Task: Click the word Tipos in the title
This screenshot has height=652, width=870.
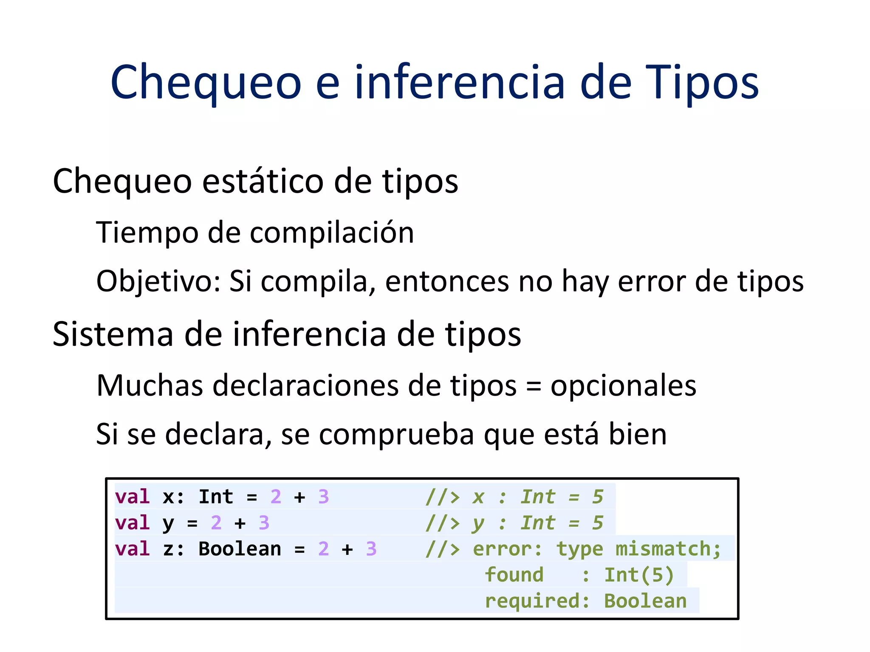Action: click(702, 83)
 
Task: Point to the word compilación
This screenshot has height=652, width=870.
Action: click(332, 233)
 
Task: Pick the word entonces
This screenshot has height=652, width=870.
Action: click(446, 281)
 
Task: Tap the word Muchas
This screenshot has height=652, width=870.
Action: click(150, 386)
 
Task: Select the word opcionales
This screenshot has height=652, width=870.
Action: click(623, 386)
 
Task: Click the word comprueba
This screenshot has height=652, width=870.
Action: click(396, 435)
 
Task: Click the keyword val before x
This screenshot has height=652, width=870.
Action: click(132, 497)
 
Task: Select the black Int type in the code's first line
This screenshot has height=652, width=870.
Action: click(216, 497)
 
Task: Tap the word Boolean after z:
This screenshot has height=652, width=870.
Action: click(240, 549)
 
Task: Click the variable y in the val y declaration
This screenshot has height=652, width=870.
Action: click(168, 523)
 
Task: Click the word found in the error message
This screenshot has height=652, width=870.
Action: click(514, 575)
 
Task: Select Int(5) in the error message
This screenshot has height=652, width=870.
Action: click(638, 575)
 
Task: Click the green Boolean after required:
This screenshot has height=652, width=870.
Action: click(645, 601)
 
